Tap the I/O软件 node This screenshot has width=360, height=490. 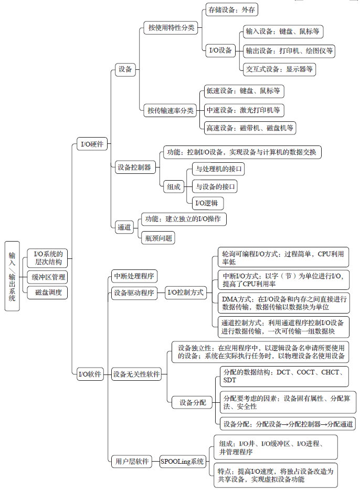pyautogui.click(x=90, y=374)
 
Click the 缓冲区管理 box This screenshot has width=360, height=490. pyautogui.click(x=48, y=277)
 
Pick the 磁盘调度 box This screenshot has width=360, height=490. pyautogui.click(x=48, y=292)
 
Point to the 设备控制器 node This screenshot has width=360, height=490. pyautogui.click(x=134, y=168)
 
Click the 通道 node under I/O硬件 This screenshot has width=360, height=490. pyautogui.click(x=124, y=227)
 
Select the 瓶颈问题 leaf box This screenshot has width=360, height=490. pyautogui.click(x=158, y=238)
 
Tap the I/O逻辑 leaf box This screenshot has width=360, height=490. pyautogui.click(x=207, y=203)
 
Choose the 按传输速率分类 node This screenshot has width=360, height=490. pyautogui.click(x=170, y=110)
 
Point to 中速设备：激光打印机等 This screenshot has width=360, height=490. pyautogui.click(x=243, y=110)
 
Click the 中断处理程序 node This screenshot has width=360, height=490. pyautogui.click(x=134, y=276)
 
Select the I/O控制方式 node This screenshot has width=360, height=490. pyautogui.click(x=185, y=293)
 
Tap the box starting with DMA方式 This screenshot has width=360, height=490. pyautogui.click(x=283, y=303)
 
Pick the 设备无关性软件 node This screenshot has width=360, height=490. pyautogui.click(x=136, y=374)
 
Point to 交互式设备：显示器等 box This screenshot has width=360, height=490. pyautogui.click(x=279, y=68)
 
